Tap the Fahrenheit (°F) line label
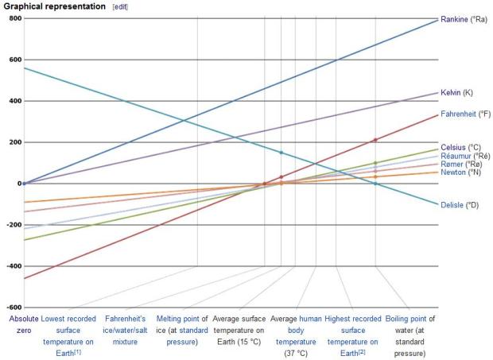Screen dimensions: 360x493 pos(465,114)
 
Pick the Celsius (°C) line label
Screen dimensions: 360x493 pos(460,147)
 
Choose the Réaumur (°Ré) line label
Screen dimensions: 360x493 pos(465,157)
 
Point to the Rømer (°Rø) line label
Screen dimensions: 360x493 pos(461,165)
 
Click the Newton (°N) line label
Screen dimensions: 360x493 pos(460,172)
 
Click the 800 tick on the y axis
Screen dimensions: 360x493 pos(14,18)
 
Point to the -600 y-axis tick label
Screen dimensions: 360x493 pos(12,308)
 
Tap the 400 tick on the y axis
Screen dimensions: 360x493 pos(14,101)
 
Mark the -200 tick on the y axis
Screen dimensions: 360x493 pos(12,225)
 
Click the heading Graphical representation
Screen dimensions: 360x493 pos(55,6)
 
